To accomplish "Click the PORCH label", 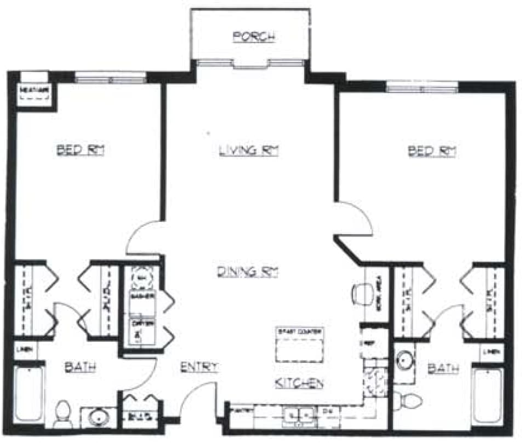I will pyautogui.click(x=253, y=37).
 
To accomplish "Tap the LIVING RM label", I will pyautogui.click(x=248, y=151).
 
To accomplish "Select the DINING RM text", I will pyautogui.click(x=247, y=272).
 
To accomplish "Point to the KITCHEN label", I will pyautogui.click(x=299, y=383).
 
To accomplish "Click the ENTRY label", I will pyautogui.click(x=199, y=367).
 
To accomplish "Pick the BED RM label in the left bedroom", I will pyautogui.click(x=81, y=150).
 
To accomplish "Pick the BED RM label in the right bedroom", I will pyautogui.click(x=432, y=151).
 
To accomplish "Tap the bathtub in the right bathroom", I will pyautogui.click(x=487, y=395).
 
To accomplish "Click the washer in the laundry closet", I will pyautogui.click(x=141, y=301).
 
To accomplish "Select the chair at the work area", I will pyautogui.click(x=360, y=293).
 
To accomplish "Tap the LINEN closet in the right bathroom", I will pyautogui.click(x=491, y=351).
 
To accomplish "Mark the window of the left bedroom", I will pyautogui.click(x=111, y=79).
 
